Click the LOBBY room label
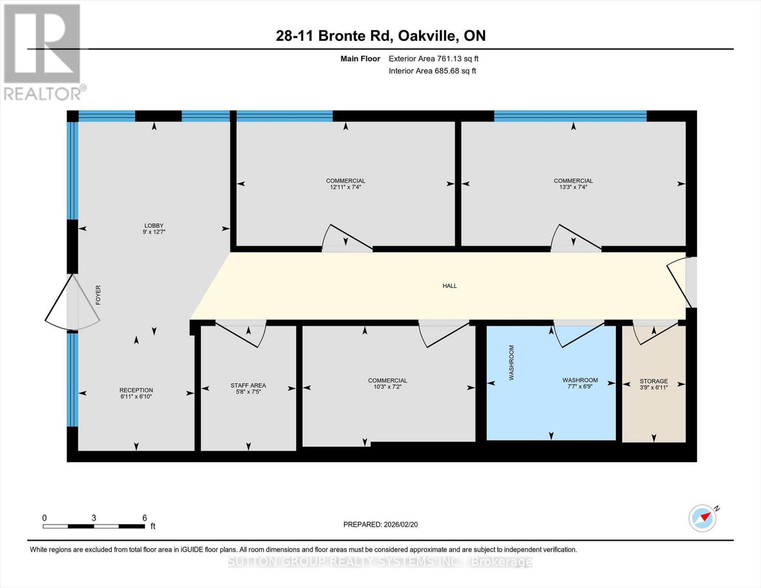tap(153, 226)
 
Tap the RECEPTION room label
tap(136, 390)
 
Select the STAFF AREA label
tap(248, 386)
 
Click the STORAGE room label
tap(654, 381)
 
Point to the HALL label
tap(450, 286)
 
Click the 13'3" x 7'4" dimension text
tap(573, 187)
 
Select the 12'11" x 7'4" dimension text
tap(345, 187)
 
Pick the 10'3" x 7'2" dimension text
tap(388, 387)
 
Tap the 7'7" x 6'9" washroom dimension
tap(580, 386)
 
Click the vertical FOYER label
tap(98, 295)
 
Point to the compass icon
tap(703, 518)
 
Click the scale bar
tap(94, 526)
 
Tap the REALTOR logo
tap(43, 51)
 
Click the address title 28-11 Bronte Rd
tap(381, 36)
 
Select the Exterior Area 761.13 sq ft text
tap(433, 59)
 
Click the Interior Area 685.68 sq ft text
tap(432, 71)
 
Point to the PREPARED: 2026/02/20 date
tap(380, 524)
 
